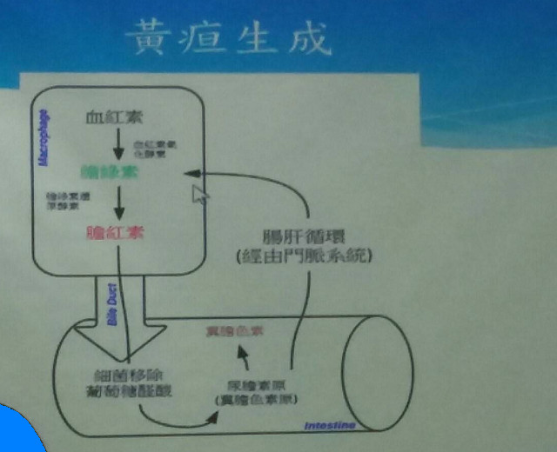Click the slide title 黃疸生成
(x=227, y=39)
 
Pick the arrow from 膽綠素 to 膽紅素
(x=119, y=204)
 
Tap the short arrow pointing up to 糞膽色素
(x=245, y=356)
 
